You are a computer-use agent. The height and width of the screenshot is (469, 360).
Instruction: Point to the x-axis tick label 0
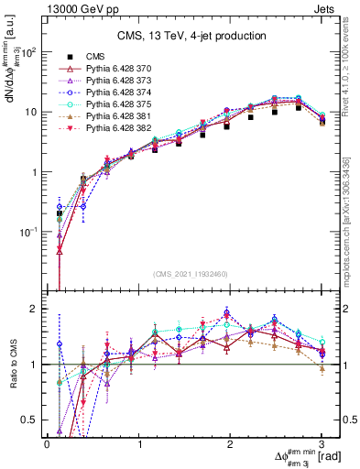pyautogui.click(x=47, y=444)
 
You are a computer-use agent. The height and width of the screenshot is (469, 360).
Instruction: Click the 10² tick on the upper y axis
pyautogui.click(x=29, y=52)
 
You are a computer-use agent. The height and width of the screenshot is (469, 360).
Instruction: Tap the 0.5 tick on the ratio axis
pyautogui.click(x=30, y=420)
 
